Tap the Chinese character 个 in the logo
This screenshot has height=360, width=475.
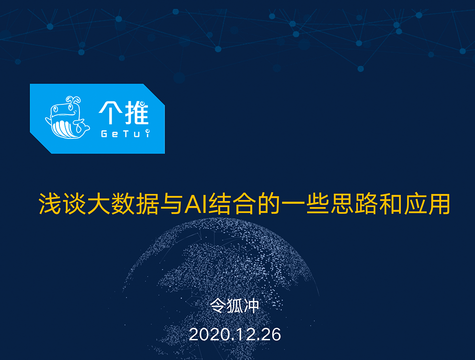tap(111, 112)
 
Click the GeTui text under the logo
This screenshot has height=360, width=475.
tap(125, 133)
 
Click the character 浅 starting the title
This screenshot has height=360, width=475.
tap(50, 204)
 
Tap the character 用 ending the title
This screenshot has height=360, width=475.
tap(439, 204)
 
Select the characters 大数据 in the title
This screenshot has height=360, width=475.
tap(123, 204)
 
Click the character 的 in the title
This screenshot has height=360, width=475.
tap(269, 204)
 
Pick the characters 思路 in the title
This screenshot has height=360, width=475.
tap(354, 204)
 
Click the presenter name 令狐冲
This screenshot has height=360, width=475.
tap(235, 306)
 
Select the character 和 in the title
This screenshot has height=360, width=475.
tap(390, 204)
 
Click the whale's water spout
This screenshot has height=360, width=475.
tap(74, 100)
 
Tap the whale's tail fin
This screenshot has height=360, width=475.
tap(81, 126)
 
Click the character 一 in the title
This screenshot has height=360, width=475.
tap(293, 204)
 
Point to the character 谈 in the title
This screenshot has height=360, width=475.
tap(74, 204)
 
